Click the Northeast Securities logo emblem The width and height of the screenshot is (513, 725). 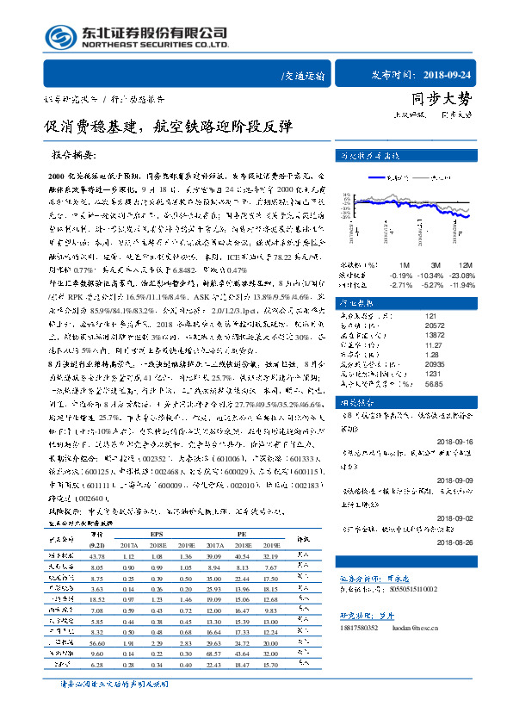(x=60, y=36)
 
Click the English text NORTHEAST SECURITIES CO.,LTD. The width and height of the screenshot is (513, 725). (x=155, y=45)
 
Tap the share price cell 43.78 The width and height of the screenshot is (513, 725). (x=96, y=556)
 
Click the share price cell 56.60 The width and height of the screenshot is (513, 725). (x=96, y=642)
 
